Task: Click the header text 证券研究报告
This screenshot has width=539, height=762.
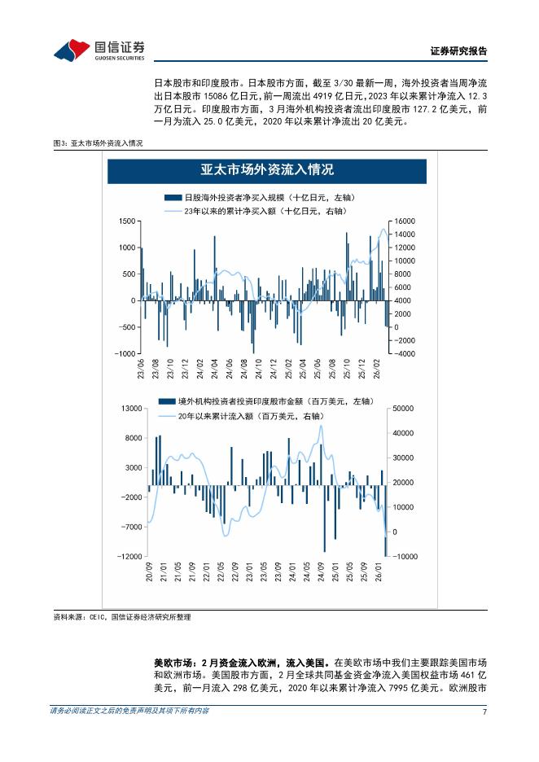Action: pyautogui.click(x=458, y=50)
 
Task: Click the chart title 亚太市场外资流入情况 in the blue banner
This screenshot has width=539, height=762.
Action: pyautogui.click(x=267, y=170)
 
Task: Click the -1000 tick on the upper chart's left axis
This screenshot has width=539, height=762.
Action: pyautogui.click(x=124, y=354)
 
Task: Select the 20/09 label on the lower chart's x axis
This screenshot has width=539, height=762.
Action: pyautogui.click(x=150, y=573)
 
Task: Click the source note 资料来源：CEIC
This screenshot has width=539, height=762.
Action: pyautogui.click(x=122, y=617)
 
